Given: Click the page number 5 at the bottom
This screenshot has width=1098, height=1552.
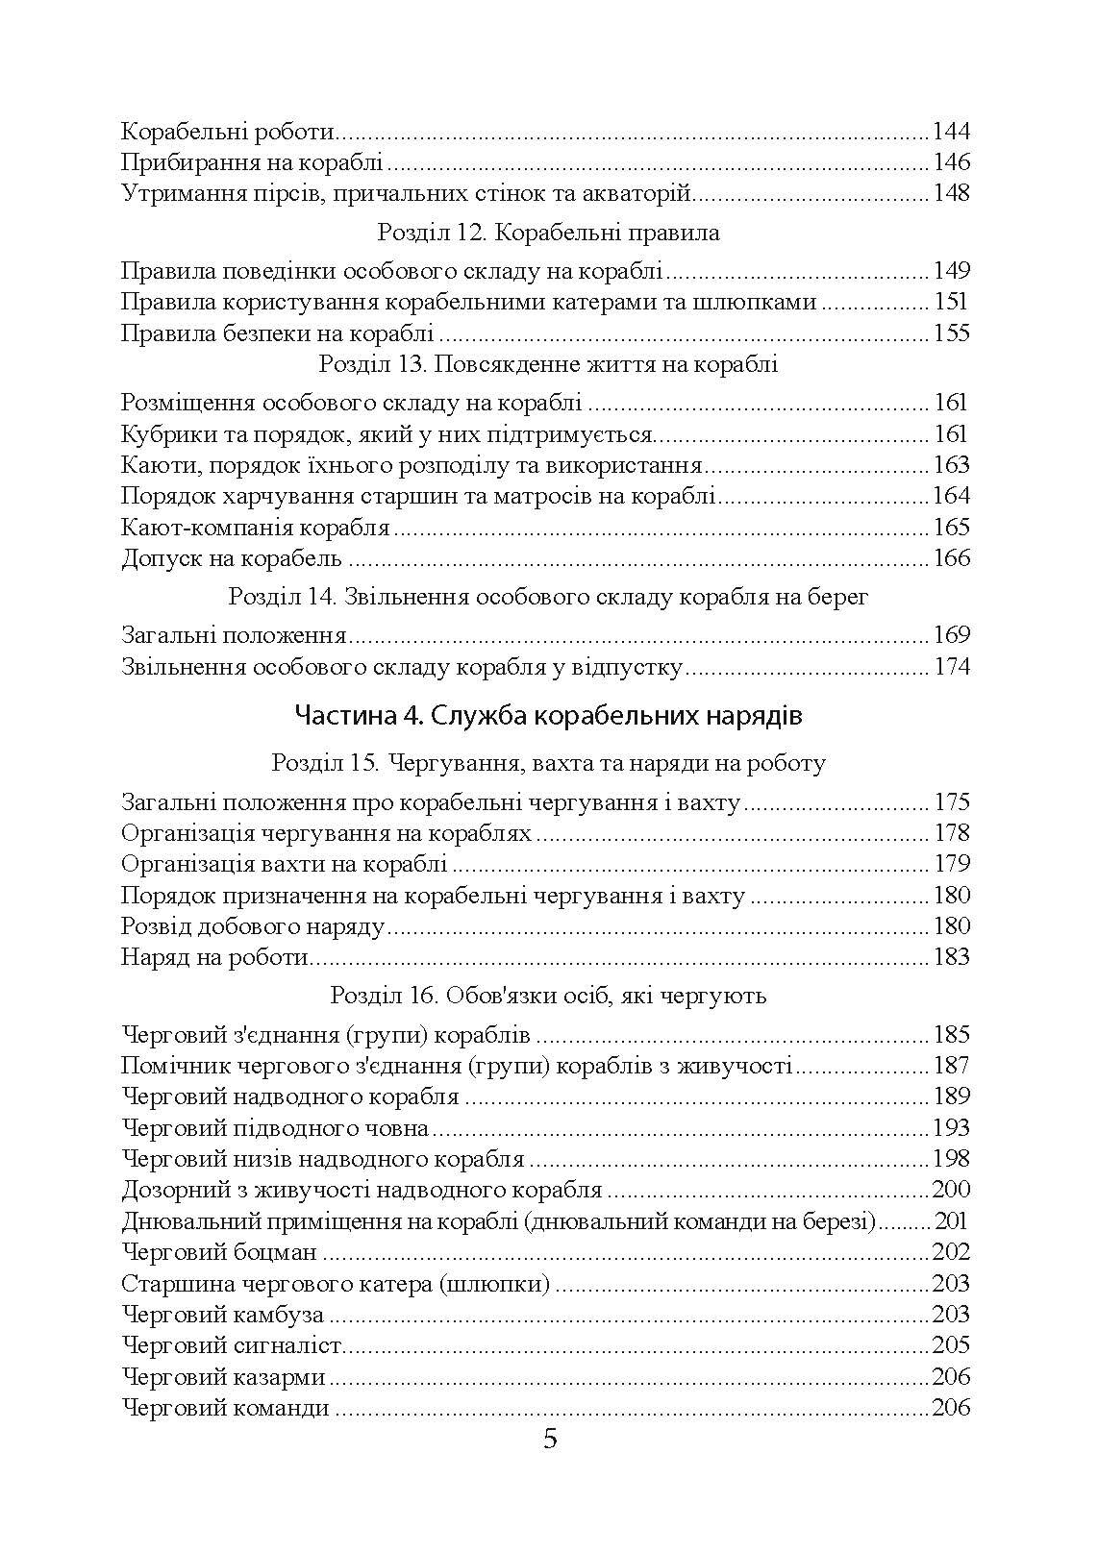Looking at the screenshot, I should pyautogui.click(x=550, y=1440).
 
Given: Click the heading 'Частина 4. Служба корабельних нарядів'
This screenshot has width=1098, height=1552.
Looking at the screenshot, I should pyautogui.click(x=548, y=716).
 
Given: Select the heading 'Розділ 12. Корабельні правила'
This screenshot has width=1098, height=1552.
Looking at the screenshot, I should pyautogui.click(x=548, y=233).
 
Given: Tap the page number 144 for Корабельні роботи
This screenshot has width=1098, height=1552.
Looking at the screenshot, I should pyautogui.click(x=951, y=132).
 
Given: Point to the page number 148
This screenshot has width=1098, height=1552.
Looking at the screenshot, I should pyautogui.click(x=951, y=193).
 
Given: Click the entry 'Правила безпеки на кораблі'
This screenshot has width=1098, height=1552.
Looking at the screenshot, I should pyautogui.click(x=278, y=333).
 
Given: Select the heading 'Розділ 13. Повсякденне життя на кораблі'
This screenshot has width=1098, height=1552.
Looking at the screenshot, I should pyautogui.click(x=548, y=364).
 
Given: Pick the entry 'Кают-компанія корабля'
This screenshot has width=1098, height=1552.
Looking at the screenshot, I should pyautogui.click(x=256, y=528).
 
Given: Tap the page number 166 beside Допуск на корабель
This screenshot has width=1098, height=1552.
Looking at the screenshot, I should pyautogui.click(x=951, y=558).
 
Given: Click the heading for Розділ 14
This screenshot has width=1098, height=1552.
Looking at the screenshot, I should pyautogui.click(x=548, y=597).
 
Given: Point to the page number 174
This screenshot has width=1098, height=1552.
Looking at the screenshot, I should pyautogui.click(x=951, y=667).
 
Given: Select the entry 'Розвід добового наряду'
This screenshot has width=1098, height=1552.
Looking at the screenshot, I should pyautogui.click(x=253, y=926).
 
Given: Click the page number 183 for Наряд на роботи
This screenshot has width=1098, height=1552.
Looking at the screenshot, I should pyautogui.click(x=951, y=957).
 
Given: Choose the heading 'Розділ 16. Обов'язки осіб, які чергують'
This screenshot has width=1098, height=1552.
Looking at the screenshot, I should pyautogui.click(x=548, y=996).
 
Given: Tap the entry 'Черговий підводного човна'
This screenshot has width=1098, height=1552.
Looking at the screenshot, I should pyautogui.click(x=275, y=1128).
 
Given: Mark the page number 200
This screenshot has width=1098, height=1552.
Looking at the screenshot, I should pyautogui.click(x=951, y=1190).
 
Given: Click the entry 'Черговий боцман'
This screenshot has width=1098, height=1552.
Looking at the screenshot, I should pyautogui.click(x=220, y=1252).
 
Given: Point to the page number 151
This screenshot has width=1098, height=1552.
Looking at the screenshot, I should pyautogui.click(x=951, y=302).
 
